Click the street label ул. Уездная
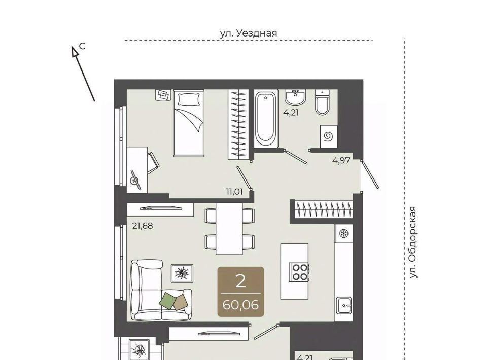(x=249, y=33)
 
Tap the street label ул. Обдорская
(x=412, y=242)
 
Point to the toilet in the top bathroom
(x=323, y=102)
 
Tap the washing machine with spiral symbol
(x=329, y=136)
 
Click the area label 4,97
(x=341, y=161)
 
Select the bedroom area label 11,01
(x=234, y=192)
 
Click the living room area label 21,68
(x=143, y=226)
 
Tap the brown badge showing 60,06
(x=240, y=292)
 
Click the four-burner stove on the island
(x=299, y=272)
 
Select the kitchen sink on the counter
(x=344, y=305)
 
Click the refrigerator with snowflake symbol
(x=344, y=233)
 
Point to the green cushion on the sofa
(x=167, y=300)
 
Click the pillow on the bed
(x=188, y=99)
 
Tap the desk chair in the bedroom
(x=153, y=163)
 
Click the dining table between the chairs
(x=229, y=229)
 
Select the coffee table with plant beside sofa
(x=182, y=273)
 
